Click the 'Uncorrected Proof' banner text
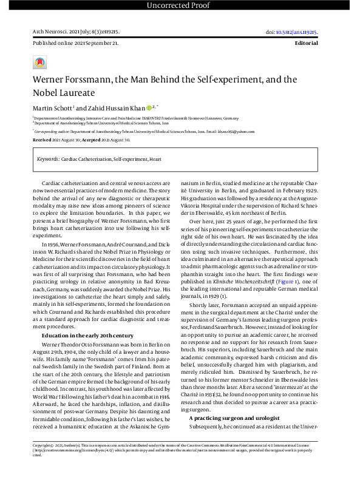180,6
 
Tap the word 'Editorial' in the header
306,44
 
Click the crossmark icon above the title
39,62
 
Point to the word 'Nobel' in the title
47,93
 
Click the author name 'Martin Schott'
53,107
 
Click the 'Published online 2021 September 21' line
75,44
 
